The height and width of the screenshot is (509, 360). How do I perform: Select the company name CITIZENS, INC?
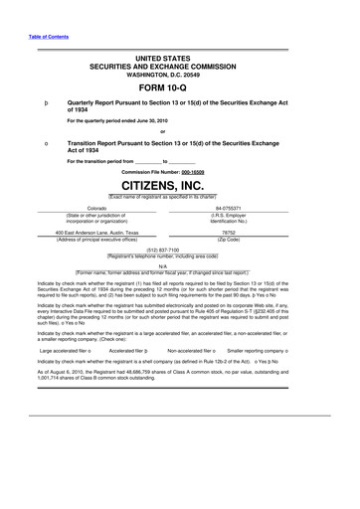coord(179,186)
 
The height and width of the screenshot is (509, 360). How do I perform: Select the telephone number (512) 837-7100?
coord(179,251)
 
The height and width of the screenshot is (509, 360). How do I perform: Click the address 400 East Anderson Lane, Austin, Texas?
coord(96,234)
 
